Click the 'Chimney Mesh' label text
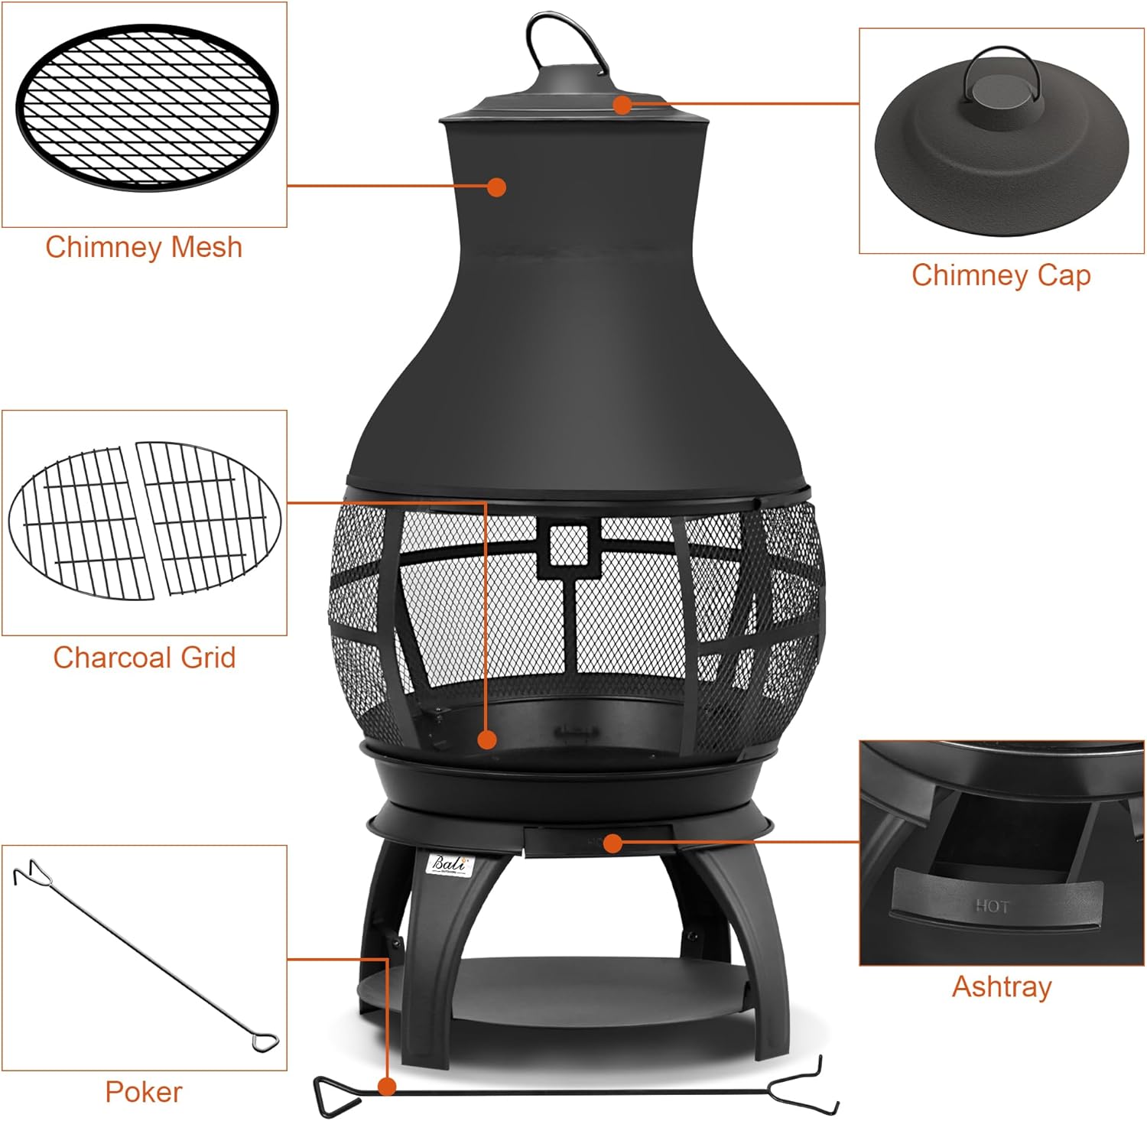click(x=144, y=247)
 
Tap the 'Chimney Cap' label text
click(x=1001, y=275)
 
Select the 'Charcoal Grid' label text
click(x=144, y=658)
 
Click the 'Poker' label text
click(x=144, y=1092)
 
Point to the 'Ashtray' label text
click(x=1001, y=986)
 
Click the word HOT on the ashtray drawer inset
click(x=992, y=907)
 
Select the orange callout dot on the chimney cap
click(x=622, y=105)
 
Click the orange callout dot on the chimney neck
click(x=496, y=187)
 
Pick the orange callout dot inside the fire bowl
click(x=486, y=739)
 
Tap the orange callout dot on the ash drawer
click(x=612, y=843)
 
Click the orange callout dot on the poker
click(x=387, y=1086)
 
